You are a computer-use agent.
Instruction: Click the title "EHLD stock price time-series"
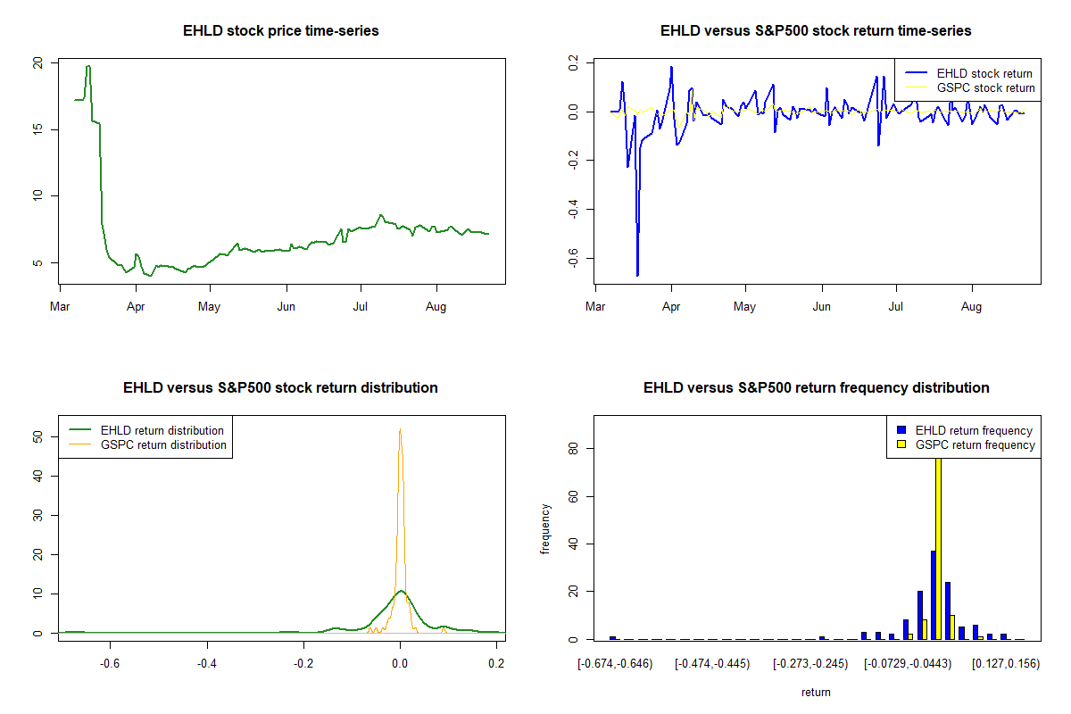pos(281,31)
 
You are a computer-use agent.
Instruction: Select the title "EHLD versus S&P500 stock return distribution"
pos(281,388)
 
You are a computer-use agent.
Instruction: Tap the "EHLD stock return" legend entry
pos(984,73)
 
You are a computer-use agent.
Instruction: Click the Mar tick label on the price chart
pos(60,306)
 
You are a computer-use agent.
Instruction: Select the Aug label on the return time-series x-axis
pos(971,306)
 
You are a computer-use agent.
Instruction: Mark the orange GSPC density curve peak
pos(400,429)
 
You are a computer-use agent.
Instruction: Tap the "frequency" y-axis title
pos(546,529)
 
